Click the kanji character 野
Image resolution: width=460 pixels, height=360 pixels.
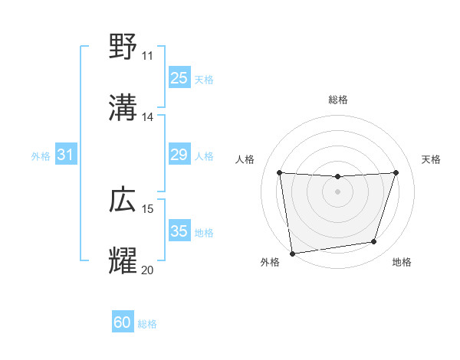(123, 47)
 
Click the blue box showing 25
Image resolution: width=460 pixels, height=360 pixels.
(179, 77)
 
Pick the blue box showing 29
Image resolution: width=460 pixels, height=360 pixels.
(179, 155)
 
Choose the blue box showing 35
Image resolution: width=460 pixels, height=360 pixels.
(179, 231)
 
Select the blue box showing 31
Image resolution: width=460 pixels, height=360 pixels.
(66, 155)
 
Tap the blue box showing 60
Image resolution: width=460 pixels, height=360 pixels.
(123, 322)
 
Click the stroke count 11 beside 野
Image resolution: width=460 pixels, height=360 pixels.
(147, 56)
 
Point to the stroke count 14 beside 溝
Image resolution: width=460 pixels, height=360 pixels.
(147, 117)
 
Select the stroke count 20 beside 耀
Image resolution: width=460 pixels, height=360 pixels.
(147, 270)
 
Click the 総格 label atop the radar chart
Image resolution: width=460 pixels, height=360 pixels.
(338, 100)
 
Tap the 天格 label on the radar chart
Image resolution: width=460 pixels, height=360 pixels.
(431, 159)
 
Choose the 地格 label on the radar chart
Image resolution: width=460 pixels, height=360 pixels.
(402, 263)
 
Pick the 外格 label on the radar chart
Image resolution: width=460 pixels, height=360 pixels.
(270, 263)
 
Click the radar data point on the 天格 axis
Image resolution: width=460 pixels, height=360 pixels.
(396, 172)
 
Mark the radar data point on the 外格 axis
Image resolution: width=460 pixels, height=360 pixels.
(292, 253)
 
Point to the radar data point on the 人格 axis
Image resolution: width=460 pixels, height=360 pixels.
(279, 172)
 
